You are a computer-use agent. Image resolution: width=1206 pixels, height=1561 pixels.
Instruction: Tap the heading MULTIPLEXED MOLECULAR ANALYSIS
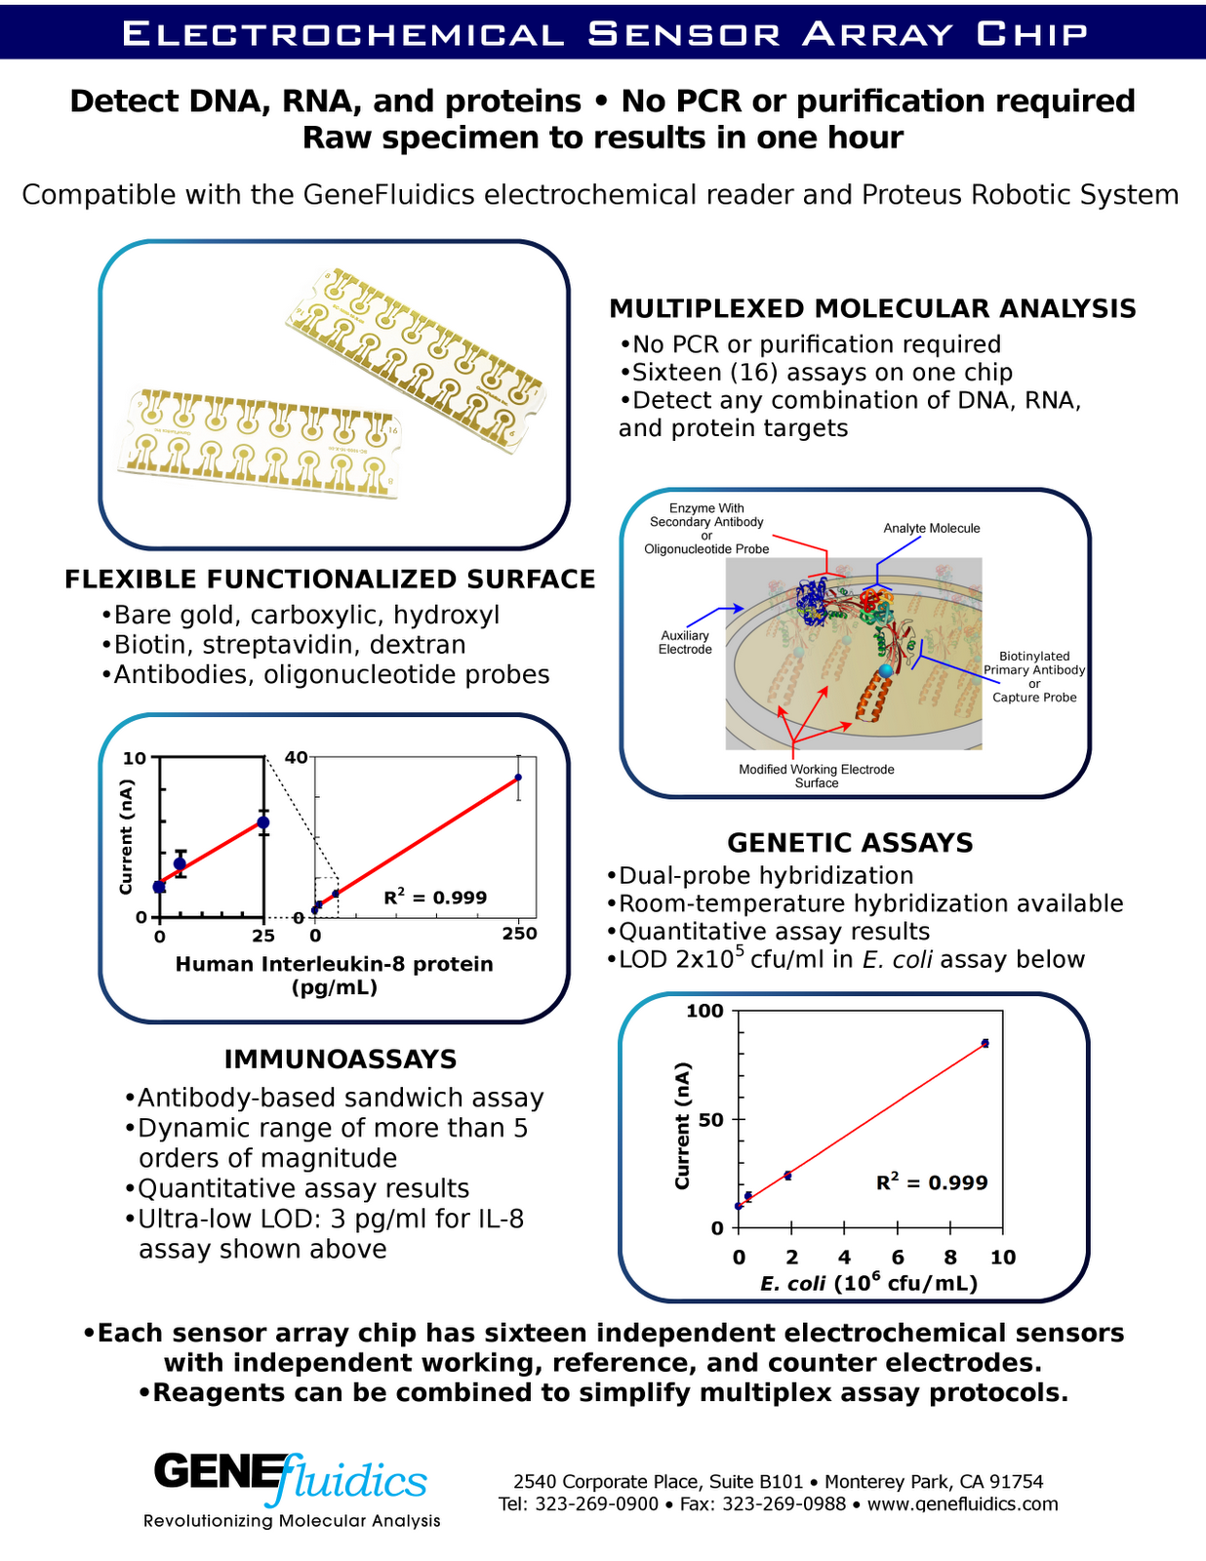click(872, 309)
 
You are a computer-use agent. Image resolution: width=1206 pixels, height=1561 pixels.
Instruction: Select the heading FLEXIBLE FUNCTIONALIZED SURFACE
click(330, 580)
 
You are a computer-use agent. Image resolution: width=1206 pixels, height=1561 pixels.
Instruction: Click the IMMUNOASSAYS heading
click(341, 1060)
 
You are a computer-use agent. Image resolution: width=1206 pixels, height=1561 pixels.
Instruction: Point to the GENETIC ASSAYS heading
click(850, 843)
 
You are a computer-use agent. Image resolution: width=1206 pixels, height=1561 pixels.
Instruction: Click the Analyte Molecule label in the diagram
click(932, 529)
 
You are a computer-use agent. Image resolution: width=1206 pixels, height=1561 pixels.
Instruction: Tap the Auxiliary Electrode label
click(685, 642)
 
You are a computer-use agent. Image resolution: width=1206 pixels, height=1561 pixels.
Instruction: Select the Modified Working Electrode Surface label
click(817, 776)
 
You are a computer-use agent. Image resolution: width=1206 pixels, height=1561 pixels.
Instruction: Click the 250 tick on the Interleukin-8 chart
click(519, 935)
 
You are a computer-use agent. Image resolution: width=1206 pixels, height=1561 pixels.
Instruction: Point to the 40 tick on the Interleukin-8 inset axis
click(296, 757)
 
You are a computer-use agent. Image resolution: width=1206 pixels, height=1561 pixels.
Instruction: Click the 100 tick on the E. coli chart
click(704, 1011)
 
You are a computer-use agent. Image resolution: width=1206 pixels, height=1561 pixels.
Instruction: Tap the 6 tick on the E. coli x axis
click(898, 1258)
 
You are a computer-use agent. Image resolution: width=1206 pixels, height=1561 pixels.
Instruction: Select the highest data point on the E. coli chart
click(985, 1043)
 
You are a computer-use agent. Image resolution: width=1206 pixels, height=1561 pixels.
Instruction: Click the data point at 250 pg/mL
click(518, 778)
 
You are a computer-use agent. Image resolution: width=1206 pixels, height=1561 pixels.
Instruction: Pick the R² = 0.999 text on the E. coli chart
click(932, 1182)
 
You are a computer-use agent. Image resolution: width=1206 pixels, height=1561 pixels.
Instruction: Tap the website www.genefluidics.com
click(962, 1504)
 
